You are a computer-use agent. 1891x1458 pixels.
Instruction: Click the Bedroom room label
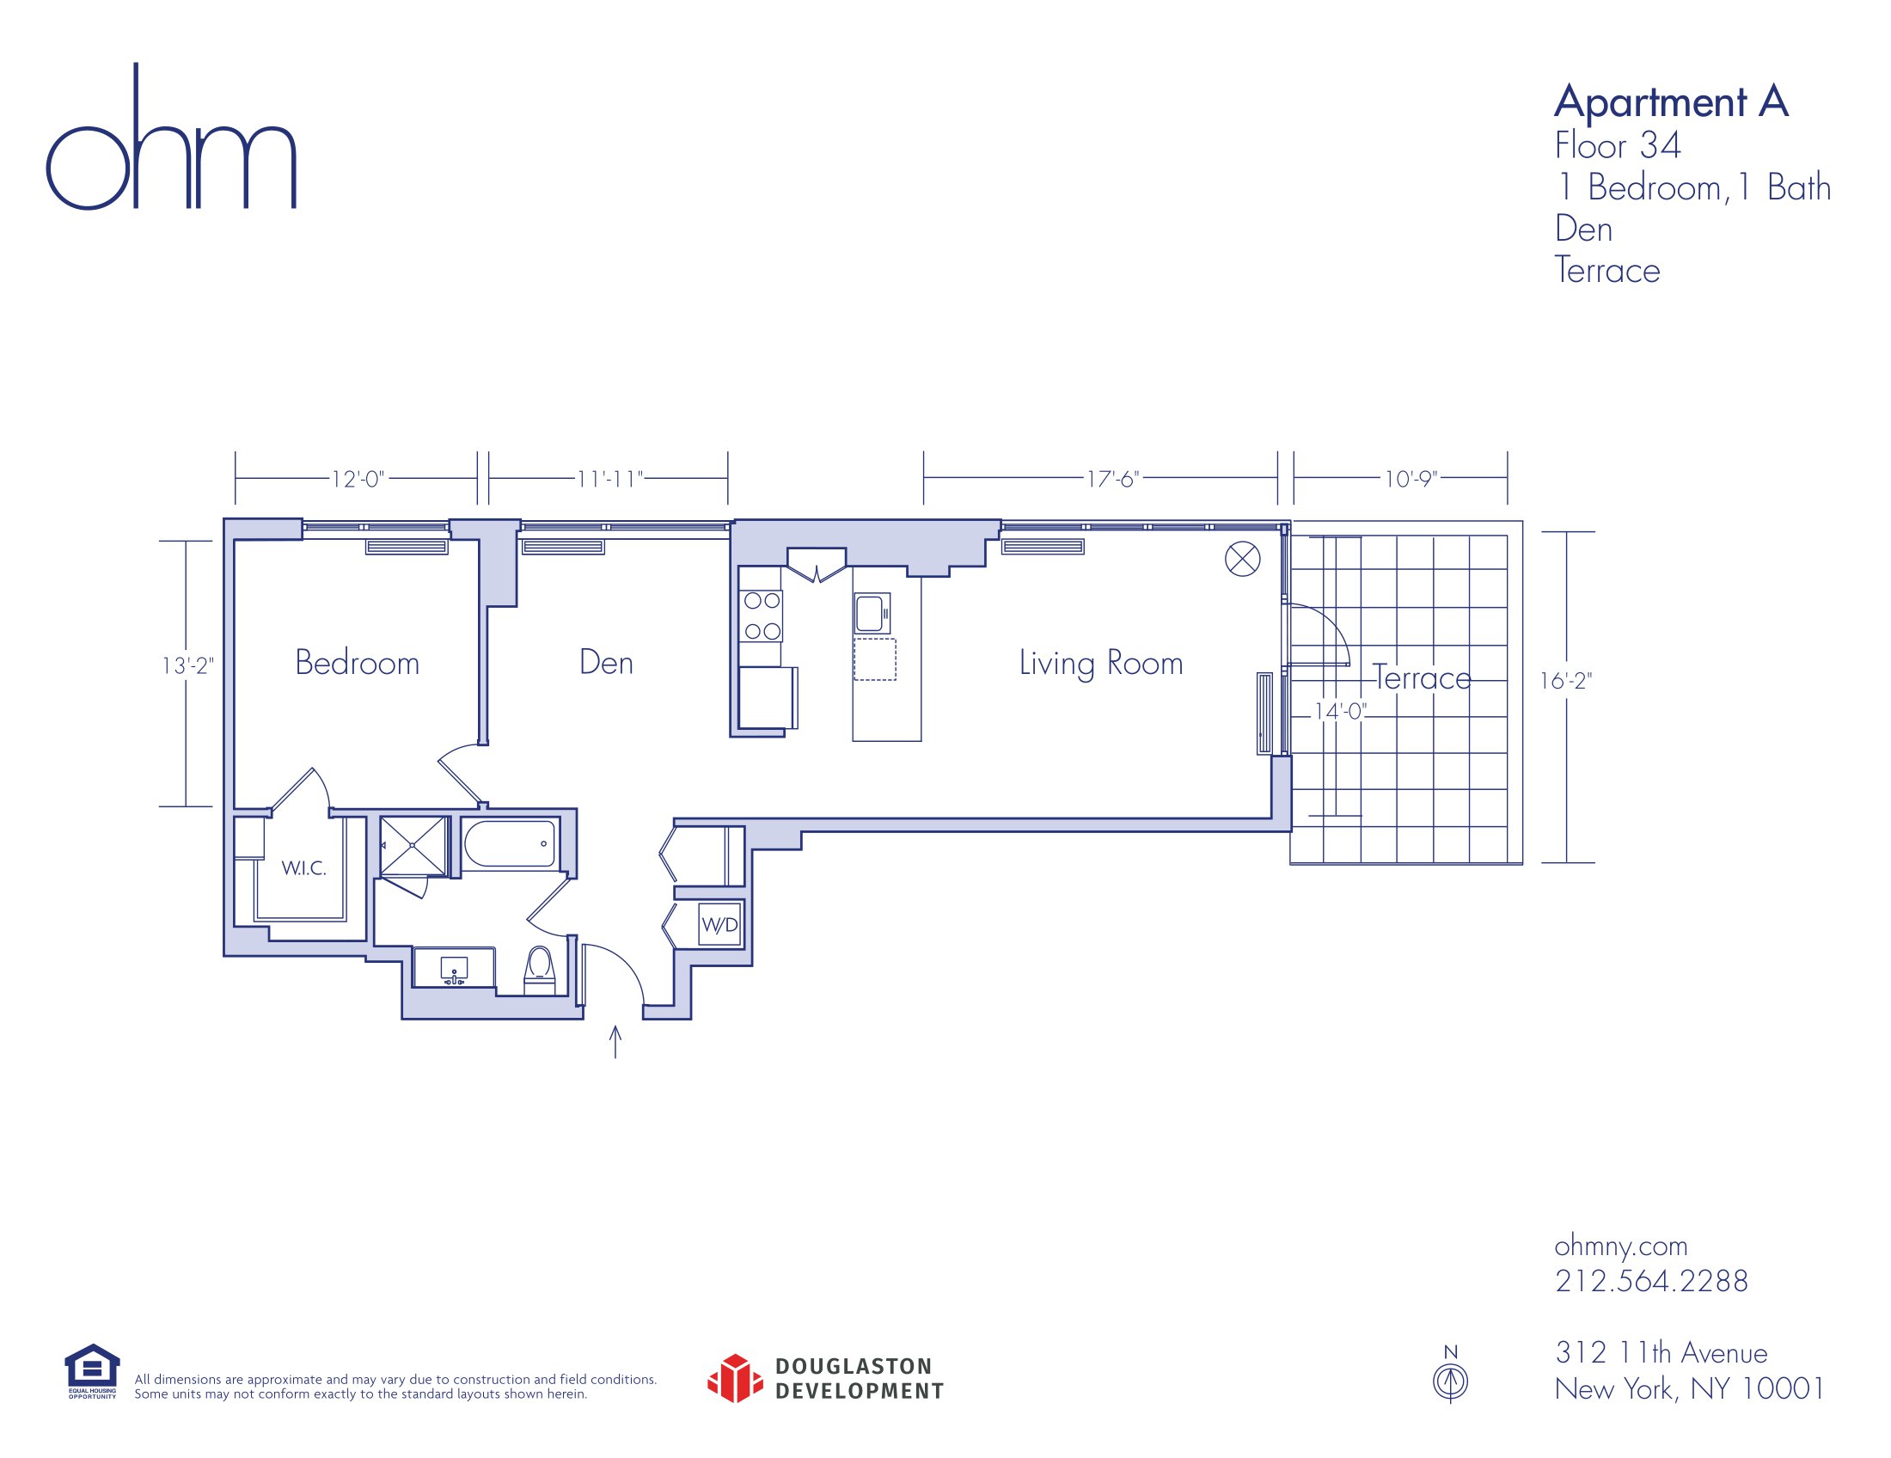357,662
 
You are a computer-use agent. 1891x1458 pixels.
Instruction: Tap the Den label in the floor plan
606,662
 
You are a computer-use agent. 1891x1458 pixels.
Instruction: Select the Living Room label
1100,664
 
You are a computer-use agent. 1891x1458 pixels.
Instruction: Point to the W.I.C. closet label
304,867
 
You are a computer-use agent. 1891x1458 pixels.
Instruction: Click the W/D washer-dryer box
719,925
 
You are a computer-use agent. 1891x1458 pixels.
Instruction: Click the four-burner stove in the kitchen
761,616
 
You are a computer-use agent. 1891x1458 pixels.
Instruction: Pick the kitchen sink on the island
872,613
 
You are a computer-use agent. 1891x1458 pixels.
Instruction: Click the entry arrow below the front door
615,1042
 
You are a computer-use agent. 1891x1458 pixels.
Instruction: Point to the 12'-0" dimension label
358,479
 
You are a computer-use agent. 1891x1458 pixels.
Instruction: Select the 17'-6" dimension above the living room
1112,479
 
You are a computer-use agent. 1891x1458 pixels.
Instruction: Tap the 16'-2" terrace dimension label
1565,682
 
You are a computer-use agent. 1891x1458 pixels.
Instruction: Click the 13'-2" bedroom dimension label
188,665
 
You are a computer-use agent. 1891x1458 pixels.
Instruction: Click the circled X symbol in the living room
1243,559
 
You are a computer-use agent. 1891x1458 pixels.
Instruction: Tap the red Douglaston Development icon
735,1378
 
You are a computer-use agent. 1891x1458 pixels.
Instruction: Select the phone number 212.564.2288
1651,1281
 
